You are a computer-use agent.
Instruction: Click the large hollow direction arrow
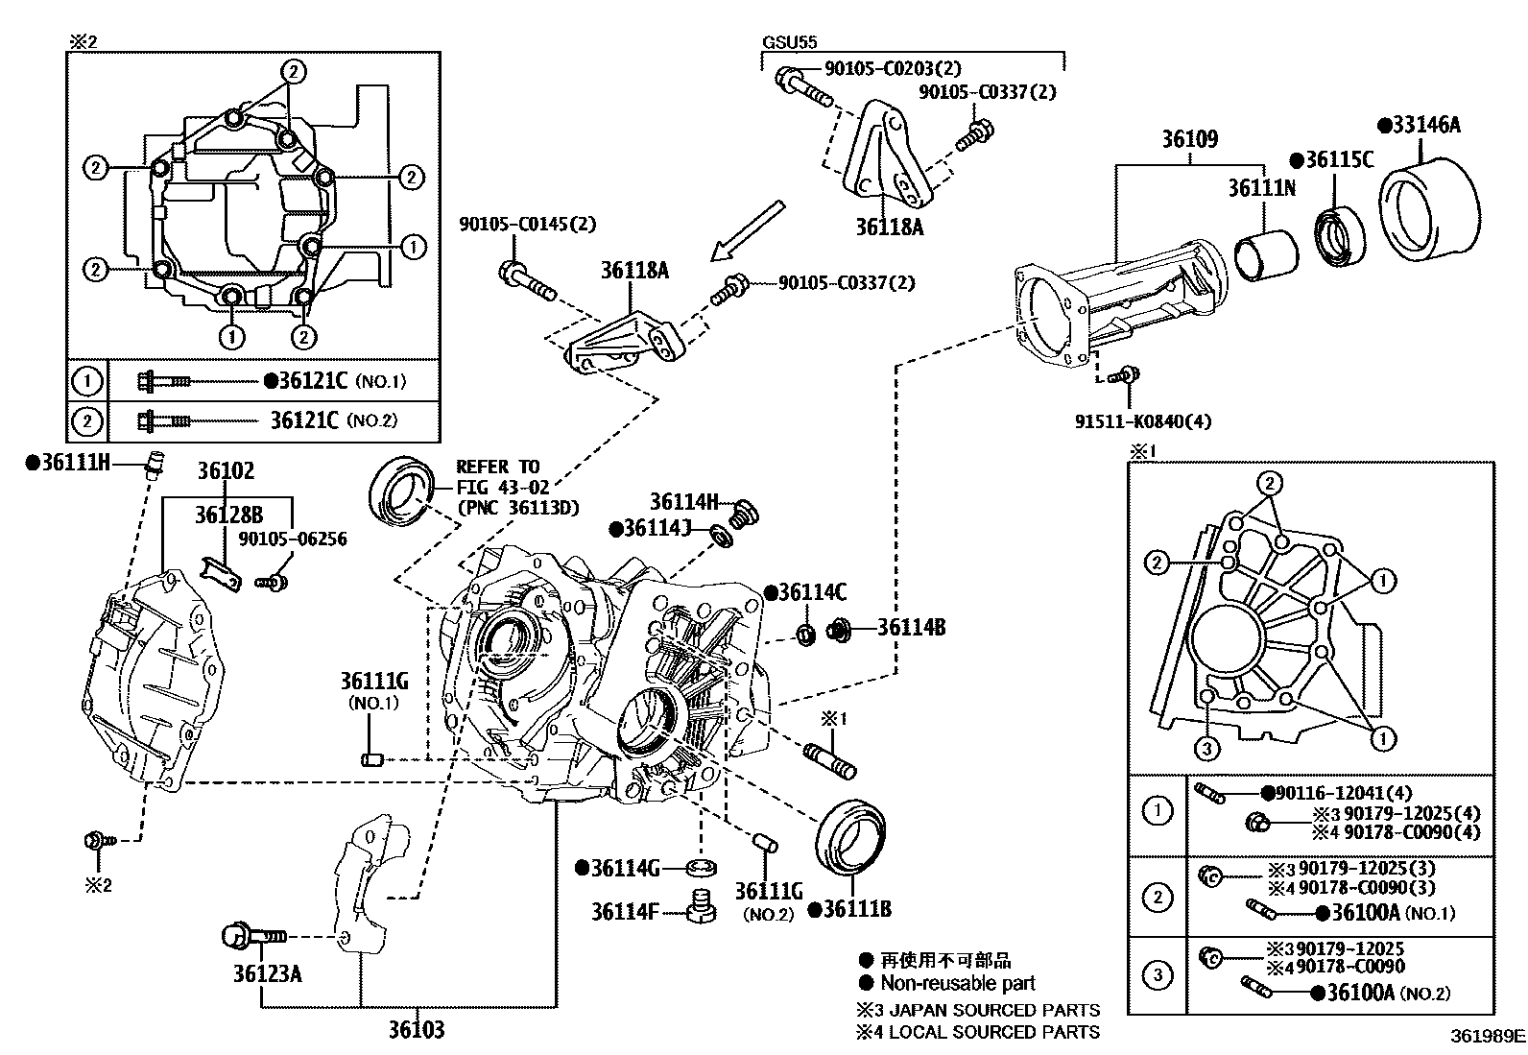click(x=748, y=229)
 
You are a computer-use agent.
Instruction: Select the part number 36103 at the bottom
click(x=417, y=1031)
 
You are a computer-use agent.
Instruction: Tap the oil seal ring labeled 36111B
click(x=850, y=835)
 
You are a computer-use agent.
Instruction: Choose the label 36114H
click(x=683, y=502)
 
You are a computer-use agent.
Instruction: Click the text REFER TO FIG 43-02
click(x=498, y=478)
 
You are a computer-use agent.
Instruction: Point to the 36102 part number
click(x=227, y=471)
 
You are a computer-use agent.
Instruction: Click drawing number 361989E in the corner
click(x=1487, y=1037)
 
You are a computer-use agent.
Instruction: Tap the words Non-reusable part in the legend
click(x=957, y=983)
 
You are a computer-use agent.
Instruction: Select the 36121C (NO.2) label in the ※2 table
click(x=333, y=420)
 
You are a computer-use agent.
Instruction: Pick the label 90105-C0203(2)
click(x=893, y=69)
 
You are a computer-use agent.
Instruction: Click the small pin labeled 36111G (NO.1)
click(x=372, y=760)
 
